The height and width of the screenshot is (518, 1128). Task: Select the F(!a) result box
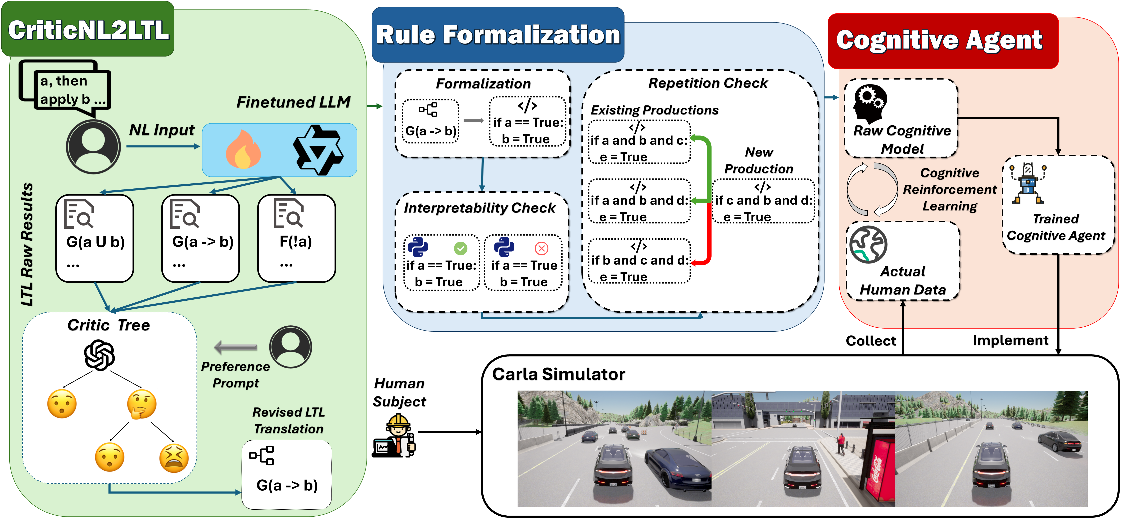coord(296,238)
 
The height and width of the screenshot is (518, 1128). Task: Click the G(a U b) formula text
coord(96,242)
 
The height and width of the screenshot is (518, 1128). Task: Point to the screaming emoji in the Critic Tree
coord(174,458)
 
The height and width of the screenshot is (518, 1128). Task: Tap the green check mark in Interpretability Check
coord(460,249)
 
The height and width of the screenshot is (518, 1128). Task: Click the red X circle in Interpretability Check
coord(541,249)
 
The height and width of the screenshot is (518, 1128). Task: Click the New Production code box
coord(763,202)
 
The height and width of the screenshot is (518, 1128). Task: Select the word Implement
coord(1010,340)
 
